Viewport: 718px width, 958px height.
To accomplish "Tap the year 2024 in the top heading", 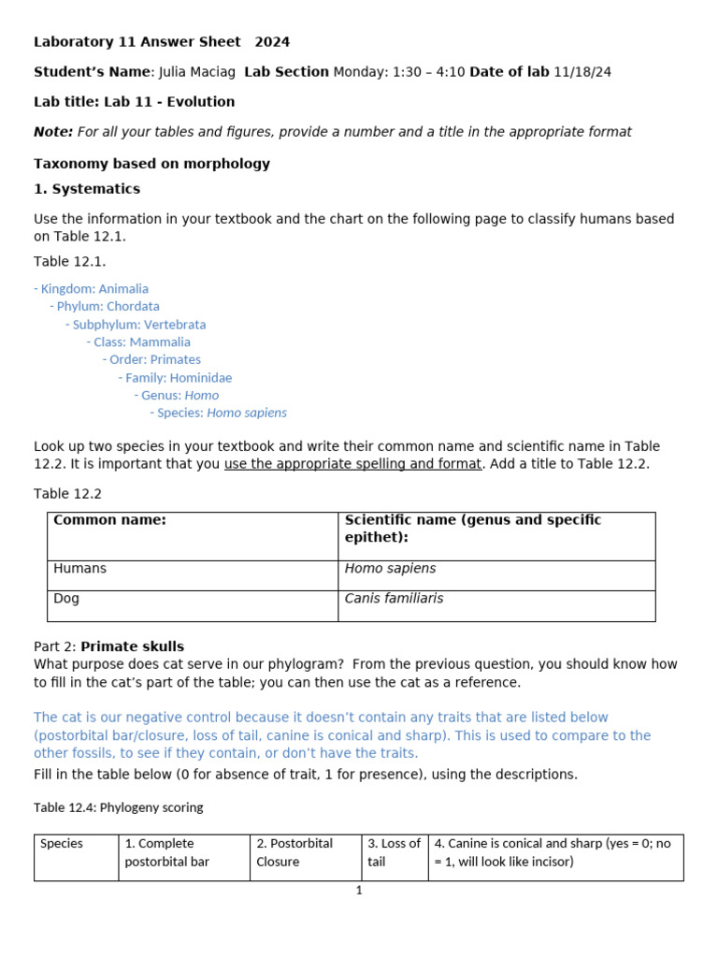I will coord(272,42).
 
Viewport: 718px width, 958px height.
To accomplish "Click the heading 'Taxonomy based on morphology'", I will coord(151,164).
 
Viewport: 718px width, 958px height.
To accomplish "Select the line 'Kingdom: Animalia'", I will coord(93,289).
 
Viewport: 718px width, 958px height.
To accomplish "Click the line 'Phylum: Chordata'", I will coord(108,306).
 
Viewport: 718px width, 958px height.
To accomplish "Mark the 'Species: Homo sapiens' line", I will coord(222,413).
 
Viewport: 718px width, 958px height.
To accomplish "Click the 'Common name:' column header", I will coord(109,520).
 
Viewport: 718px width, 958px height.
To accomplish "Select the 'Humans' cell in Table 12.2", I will coord(80,569).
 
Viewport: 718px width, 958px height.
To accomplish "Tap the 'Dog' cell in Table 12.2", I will coord(66,599).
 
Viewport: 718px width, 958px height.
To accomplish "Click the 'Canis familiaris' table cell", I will coord(394,599).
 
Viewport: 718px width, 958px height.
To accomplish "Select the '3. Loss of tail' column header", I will coord(394,852).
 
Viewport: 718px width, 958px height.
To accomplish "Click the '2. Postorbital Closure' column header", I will coord(294,852).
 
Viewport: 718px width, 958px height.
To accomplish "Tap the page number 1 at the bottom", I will coord(359,891).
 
